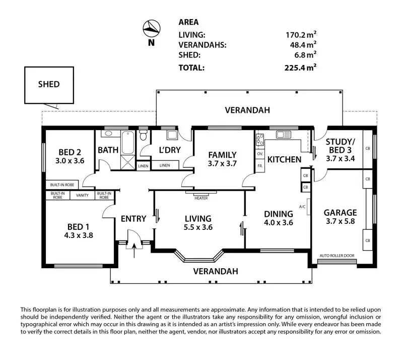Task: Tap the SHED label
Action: click(49, 84)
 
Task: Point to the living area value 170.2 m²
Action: click(301, 35)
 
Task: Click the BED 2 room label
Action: click(71, 152)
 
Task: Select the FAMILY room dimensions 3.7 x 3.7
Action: click(222, 163)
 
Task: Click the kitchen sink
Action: click(283, 135)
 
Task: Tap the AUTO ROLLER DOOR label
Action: click(338, 255)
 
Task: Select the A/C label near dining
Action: click(303, 207)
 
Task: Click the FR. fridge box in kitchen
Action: click(260, 166)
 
